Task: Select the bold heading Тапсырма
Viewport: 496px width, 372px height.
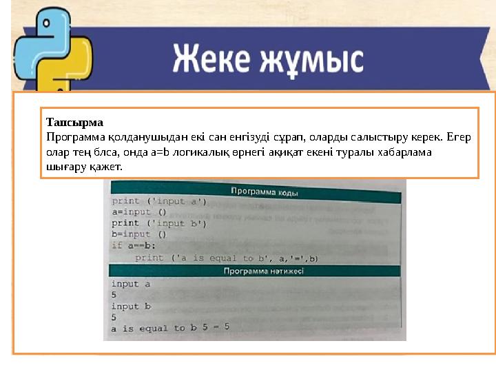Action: click(x=74, y=123)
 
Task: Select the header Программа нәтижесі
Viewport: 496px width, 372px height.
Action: click(x=263, y=271)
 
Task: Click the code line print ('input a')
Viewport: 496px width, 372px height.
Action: click(x=159, y=202)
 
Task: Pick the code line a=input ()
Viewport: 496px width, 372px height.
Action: click(x=139, y=212)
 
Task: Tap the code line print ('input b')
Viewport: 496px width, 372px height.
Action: click(x=159, y=223)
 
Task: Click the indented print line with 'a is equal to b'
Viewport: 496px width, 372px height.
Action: click(x=226, y=258)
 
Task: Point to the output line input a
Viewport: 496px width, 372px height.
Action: click(x=130, y=284)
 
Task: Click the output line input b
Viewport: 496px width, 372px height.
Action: click(x=130, y=307)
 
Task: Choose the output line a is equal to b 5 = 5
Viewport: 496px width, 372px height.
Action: click(x=170, y=328)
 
